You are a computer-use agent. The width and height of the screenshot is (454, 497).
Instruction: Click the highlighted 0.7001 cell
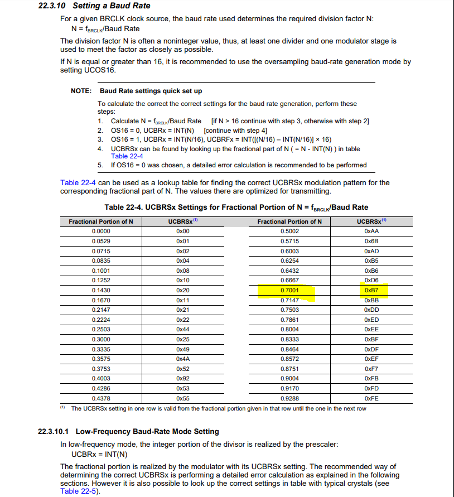289,291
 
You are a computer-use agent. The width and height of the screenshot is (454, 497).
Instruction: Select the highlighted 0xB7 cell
371,291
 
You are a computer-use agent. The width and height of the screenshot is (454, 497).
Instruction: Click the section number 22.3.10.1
53,431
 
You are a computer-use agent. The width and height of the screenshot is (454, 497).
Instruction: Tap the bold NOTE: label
81,91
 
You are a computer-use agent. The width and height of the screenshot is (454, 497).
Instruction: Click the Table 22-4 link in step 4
127,156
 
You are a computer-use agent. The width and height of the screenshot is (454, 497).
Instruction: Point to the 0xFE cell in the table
371,398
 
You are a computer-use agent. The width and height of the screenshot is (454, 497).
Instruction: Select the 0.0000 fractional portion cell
101,230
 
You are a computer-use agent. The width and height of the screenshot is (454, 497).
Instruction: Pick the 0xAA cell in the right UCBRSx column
371,230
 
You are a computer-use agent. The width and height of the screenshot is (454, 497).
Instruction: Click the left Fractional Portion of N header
101,221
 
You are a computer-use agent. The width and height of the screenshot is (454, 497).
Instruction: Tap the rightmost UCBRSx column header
371,221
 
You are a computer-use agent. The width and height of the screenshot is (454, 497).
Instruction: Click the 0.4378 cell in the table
101,398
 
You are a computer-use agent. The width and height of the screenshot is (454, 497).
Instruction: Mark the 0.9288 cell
289,398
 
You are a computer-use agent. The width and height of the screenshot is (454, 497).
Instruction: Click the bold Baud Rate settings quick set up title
151,91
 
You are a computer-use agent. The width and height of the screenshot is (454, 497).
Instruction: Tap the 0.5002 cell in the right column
289,230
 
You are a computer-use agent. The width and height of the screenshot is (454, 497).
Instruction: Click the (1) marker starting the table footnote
63,408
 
